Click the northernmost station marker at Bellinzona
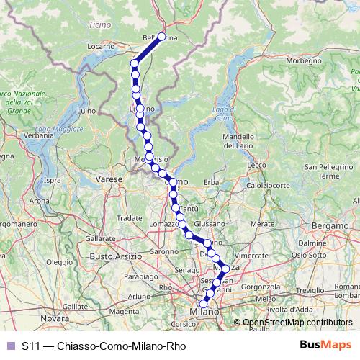point(162,37)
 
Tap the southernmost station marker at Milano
point(203,305)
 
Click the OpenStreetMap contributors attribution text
point(297,323)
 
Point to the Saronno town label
point(164,251)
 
